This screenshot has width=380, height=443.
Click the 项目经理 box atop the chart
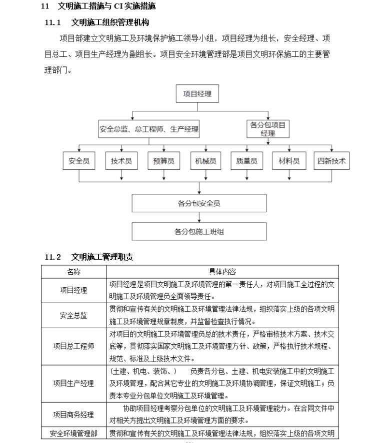point(197,93)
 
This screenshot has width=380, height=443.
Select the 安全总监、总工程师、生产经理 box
point(149,129)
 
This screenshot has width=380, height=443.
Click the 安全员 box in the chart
point(79,161)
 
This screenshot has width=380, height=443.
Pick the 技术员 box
point(121,161)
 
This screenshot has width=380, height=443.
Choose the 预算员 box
point(163,161)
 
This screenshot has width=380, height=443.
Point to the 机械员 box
point(205,161)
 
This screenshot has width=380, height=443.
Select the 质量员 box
point(246,161)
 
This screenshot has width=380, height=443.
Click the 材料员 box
point(289,161)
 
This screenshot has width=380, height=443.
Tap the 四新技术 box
point(331,161)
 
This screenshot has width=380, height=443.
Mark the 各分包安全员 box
point(198,203)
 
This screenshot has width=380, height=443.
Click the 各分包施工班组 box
point(198,231)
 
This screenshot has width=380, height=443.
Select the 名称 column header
point(73,272)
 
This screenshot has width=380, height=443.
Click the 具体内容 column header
point(222,272)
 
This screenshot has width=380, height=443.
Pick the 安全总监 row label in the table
point(73,315)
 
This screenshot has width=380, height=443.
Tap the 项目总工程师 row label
point(73,346)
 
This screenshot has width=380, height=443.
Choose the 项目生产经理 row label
point(73,383)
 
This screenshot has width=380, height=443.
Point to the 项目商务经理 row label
point(73,415)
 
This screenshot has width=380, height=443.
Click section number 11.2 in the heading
point(52,257)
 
